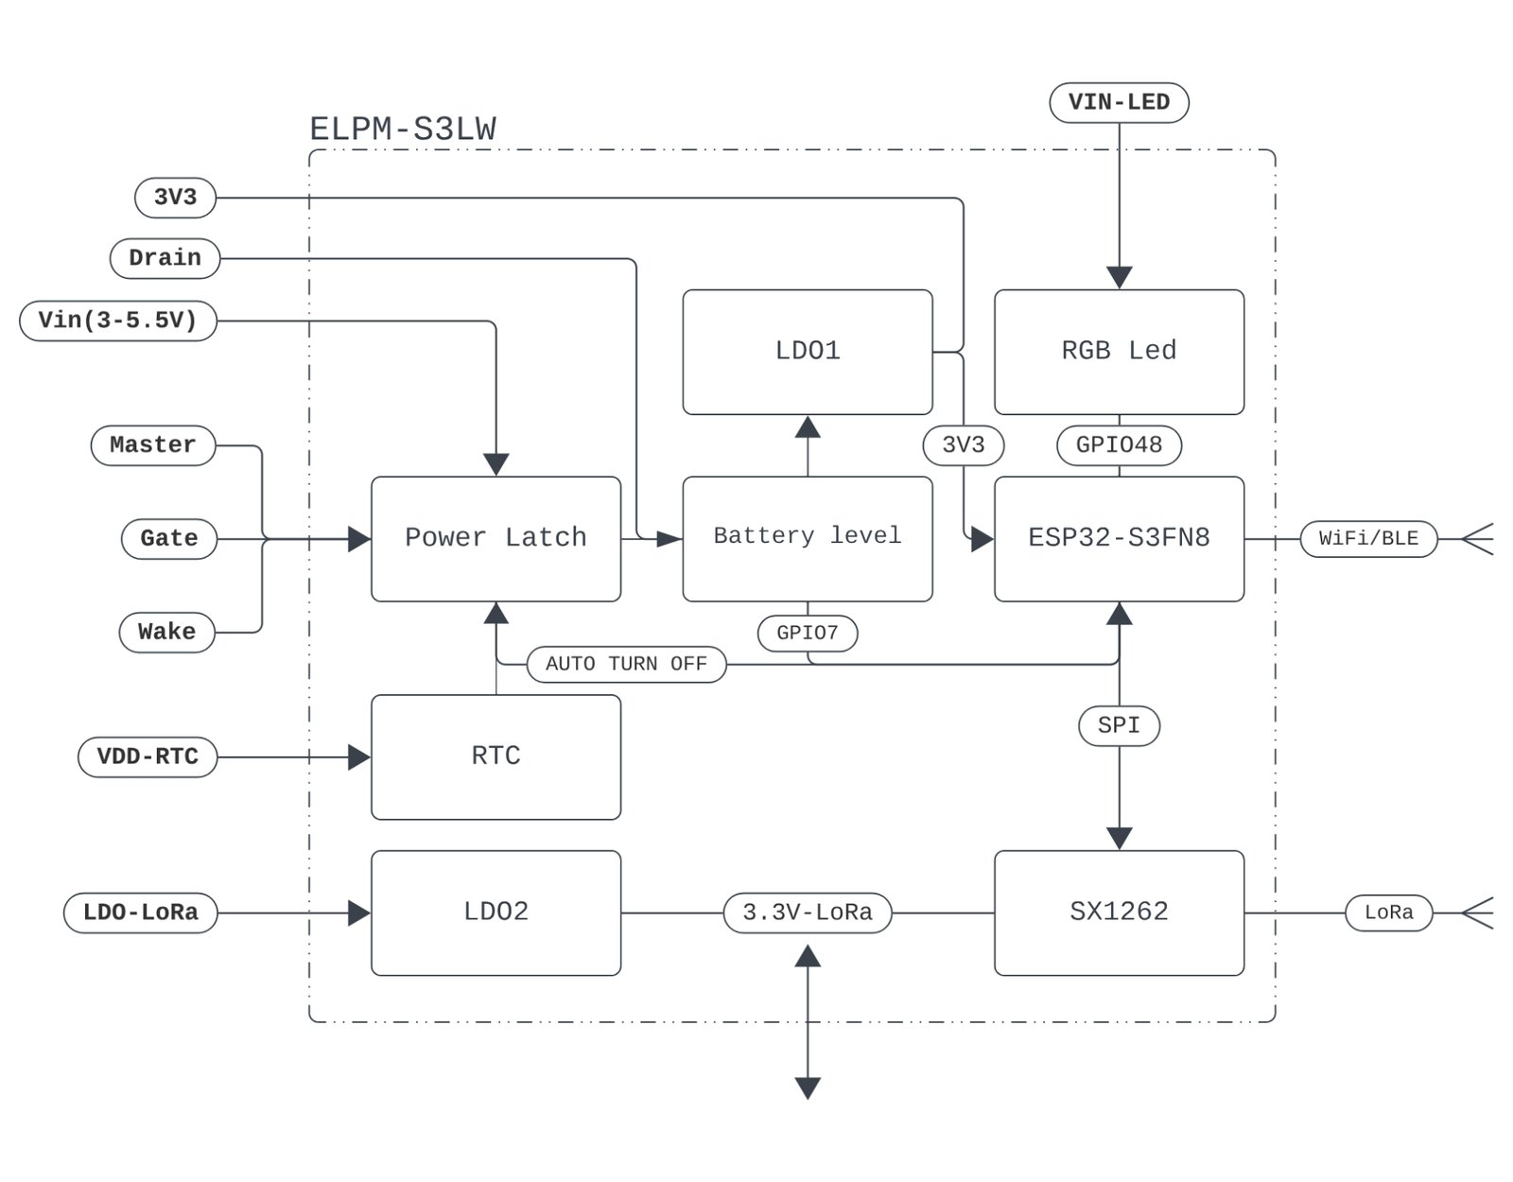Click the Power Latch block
[496, 539]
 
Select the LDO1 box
[808, 352]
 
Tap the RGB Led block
[1119, 352]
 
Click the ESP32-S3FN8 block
[1119, 539]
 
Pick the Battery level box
[808, 539]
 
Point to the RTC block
[496, 756]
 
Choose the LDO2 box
[496, 913]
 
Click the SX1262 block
[1119, 913]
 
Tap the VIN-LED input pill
[1119, 102]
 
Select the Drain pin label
[165, 258]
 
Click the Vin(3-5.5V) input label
[117, 321]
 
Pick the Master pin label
[153, 445]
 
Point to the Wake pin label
[167, 632]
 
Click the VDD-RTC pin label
[148, 756]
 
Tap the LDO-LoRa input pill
[141, 913]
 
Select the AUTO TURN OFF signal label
[627, 664]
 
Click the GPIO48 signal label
[1119, 445]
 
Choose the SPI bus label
[1119, 726]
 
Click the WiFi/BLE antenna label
[1369, 539]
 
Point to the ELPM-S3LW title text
[403, 130]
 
